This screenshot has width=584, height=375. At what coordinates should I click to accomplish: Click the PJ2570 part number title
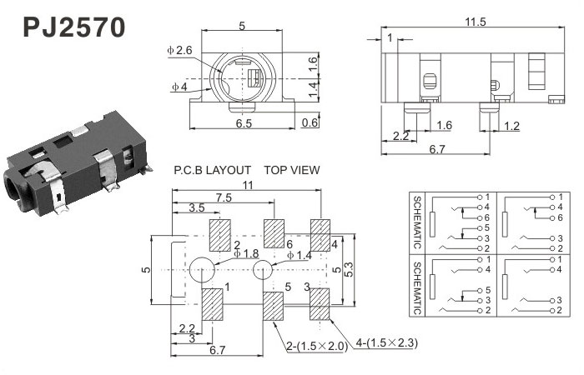(74, 27)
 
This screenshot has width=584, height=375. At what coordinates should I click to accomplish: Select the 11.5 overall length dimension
(476, 22)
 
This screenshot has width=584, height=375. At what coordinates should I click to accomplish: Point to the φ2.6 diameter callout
(179, 50)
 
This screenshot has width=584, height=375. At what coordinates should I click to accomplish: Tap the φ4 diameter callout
(179, 87)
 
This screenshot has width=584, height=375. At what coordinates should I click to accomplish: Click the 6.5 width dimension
(244, 122)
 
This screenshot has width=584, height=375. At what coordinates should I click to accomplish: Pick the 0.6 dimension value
(310, 122)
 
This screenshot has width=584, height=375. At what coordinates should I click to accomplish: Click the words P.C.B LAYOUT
(212, 170)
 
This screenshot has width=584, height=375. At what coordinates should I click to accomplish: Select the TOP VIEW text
(292, 170)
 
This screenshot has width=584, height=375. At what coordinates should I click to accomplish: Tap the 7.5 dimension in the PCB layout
(224, 197)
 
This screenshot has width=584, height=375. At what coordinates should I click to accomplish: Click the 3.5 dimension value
(196, 207)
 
